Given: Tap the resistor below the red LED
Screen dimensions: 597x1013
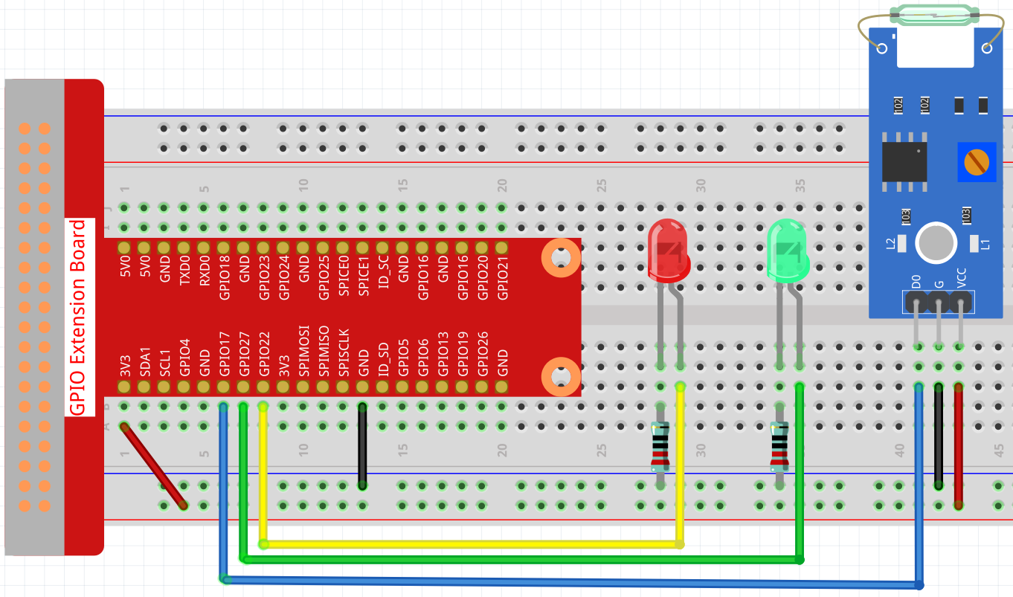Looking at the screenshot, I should pos(660,446).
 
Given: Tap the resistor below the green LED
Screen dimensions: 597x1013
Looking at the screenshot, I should pos(779,446).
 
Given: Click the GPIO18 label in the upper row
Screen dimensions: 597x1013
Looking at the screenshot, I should pos(224,277).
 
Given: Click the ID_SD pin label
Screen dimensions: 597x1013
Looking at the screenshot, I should pos(383,360).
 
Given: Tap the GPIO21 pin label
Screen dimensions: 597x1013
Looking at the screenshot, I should pos(503,277).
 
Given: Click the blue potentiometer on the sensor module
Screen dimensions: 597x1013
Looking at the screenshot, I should pos(975,161).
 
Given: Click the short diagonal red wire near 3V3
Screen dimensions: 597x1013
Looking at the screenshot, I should pos(153,466).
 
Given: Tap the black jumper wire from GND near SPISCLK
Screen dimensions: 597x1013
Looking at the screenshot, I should pos(363,446).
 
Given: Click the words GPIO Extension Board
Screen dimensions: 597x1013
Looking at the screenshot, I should pos(77,317).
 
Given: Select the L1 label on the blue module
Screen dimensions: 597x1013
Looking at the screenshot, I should pos(986,243).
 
